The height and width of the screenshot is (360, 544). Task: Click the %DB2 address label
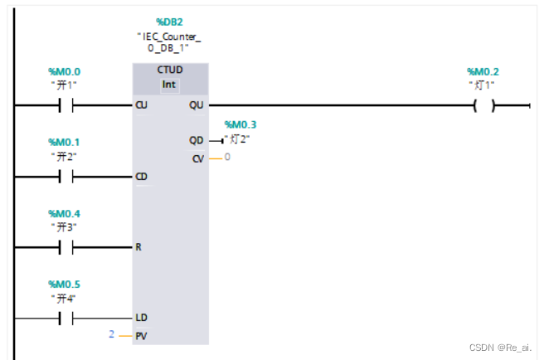click(x=170, y=21)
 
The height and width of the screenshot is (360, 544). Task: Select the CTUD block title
click(x=170, y=71)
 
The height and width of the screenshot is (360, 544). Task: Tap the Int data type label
click(x=170, y=85)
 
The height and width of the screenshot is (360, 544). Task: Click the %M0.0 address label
click(x=66, y=71)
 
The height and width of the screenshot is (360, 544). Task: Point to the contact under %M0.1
click(x=66, y=176)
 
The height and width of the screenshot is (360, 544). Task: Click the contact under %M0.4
click(x=66, y=247)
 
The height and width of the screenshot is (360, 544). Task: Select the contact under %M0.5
click(x=66, y=318)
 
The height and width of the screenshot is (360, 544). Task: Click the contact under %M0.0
click(x=66, y=105)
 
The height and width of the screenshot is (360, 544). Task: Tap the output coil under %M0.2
click(x=483, y=105)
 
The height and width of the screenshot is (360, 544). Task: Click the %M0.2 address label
click(x=484, y=71)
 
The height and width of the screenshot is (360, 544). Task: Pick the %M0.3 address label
click(x=240, y=124)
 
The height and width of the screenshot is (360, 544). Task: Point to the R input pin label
click(x=139, y=247)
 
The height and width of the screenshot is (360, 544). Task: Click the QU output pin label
click(x=197, y=105)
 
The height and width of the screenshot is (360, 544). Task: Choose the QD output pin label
click(x=197, y=140)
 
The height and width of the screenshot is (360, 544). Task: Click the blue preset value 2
click(x=111, y=333)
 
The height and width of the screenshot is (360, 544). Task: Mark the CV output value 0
click(x=227, y=156)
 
